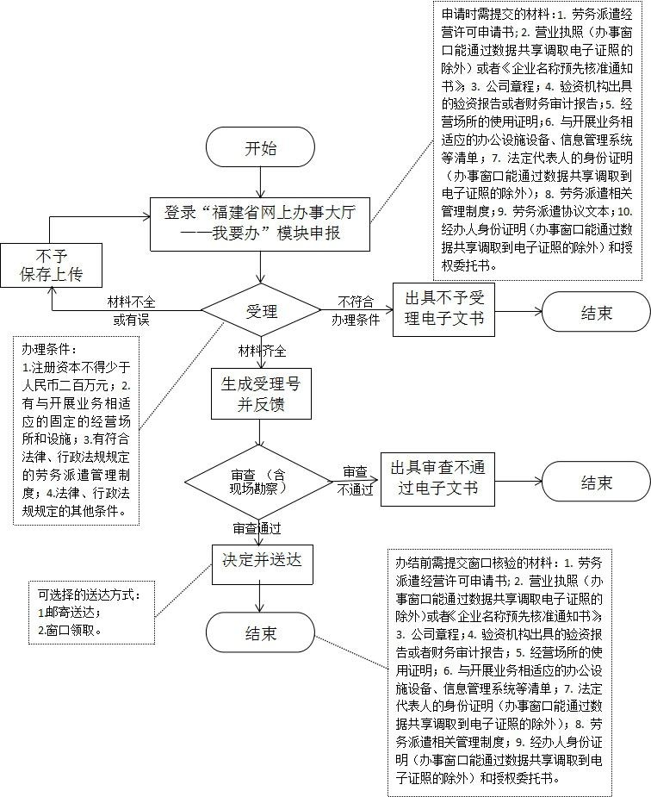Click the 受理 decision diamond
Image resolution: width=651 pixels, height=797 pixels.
260,311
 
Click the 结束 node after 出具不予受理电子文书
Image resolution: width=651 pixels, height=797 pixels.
596,311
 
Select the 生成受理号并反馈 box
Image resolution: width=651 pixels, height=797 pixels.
260,394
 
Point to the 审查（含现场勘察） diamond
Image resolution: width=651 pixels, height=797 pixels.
260,481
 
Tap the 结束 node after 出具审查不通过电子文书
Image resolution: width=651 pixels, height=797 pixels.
596,482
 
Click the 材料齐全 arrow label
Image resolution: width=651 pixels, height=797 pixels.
263,351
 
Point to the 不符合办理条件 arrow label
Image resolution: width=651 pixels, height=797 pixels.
355,310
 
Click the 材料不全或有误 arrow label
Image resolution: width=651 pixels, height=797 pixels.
131,311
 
